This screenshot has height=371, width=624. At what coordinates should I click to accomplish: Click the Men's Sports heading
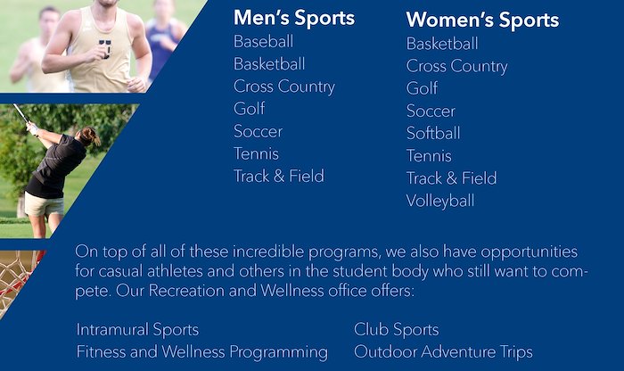(x=294, y=18)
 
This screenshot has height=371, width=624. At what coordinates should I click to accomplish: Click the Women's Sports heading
(x=482, y=21)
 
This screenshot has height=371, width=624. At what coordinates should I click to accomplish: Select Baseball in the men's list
(x=264, y=41)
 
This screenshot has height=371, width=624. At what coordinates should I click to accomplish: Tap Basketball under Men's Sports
(x=269, y=63)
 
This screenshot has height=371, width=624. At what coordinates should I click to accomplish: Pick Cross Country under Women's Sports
(x=456, y=67)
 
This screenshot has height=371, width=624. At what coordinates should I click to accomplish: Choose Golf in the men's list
(x=249, y=109)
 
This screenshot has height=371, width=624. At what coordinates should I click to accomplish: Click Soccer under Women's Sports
(x=431, y=111)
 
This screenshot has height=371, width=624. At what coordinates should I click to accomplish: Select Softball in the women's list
(x=433, y=134)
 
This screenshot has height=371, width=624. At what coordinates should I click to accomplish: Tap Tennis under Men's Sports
(x=257, y=153)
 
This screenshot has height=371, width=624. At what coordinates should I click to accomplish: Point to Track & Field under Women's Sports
(x=452, y=178)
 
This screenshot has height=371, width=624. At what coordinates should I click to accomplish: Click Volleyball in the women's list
(x=440, y=201)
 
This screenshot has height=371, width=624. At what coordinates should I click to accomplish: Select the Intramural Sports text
(x=137, y=330)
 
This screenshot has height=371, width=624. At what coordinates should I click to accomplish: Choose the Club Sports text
(x=397, y=330)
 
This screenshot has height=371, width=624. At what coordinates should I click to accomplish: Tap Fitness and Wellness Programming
(x=202, y=352)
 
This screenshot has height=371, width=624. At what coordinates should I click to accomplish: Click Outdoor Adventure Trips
(x=443, y=352)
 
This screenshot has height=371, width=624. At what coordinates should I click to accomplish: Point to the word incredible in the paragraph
(x=268, y=252)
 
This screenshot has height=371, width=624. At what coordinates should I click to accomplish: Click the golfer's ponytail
(x=94, y=136)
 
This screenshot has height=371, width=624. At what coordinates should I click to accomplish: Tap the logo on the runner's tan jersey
(x=104, y=48)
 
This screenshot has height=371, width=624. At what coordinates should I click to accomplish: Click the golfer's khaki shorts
(x=44, y=204)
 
